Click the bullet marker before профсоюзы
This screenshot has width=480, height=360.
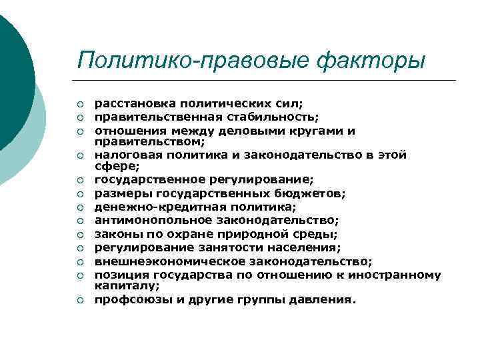79,300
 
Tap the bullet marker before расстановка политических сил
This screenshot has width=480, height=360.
79,105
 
